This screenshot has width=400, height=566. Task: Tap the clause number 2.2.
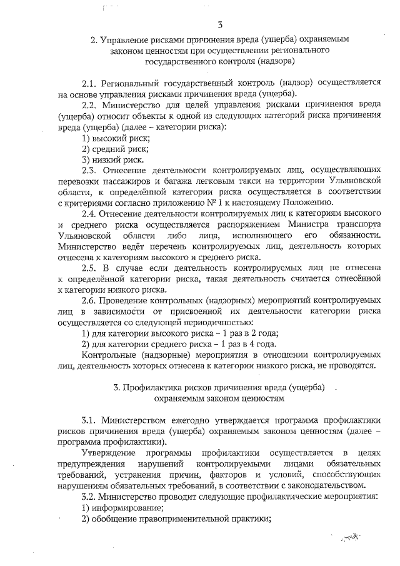pos(89,105)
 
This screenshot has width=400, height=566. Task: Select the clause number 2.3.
pos(89,170)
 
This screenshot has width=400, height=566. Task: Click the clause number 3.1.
pos(89,421)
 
